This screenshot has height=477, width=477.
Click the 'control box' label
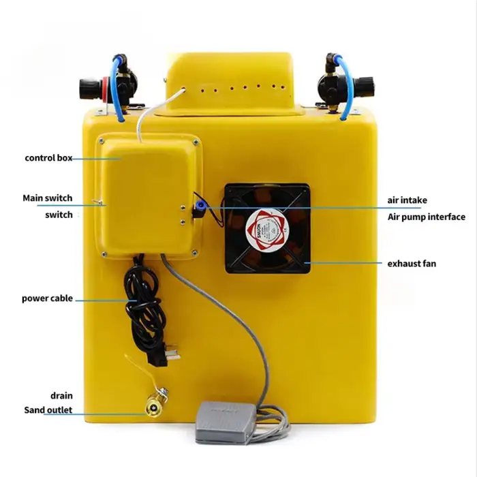(x=48, y=158)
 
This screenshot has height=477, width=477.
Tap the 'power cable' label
(x=46, y=298)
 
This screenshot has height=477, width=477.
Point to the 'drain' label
(x=61, y=395)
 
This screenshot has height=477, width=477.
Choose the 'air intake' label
(x=407, y=200)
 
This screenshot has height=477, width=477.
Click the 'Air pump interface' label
(x=426, y=217)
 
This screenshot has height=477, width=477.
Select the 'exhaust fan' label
(x=412, y=262)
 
